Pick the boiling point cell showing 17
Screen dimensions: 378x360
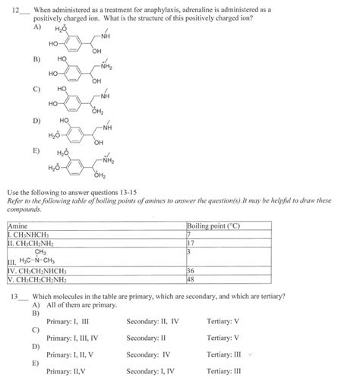click(191, 243)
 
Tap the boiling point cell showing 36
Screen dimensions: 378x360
click(191, 270)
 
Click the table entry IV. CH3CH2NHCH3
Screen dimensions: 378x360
click(36, 270)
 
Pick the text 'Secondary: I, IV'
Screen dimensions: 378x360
click(150, 371)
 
